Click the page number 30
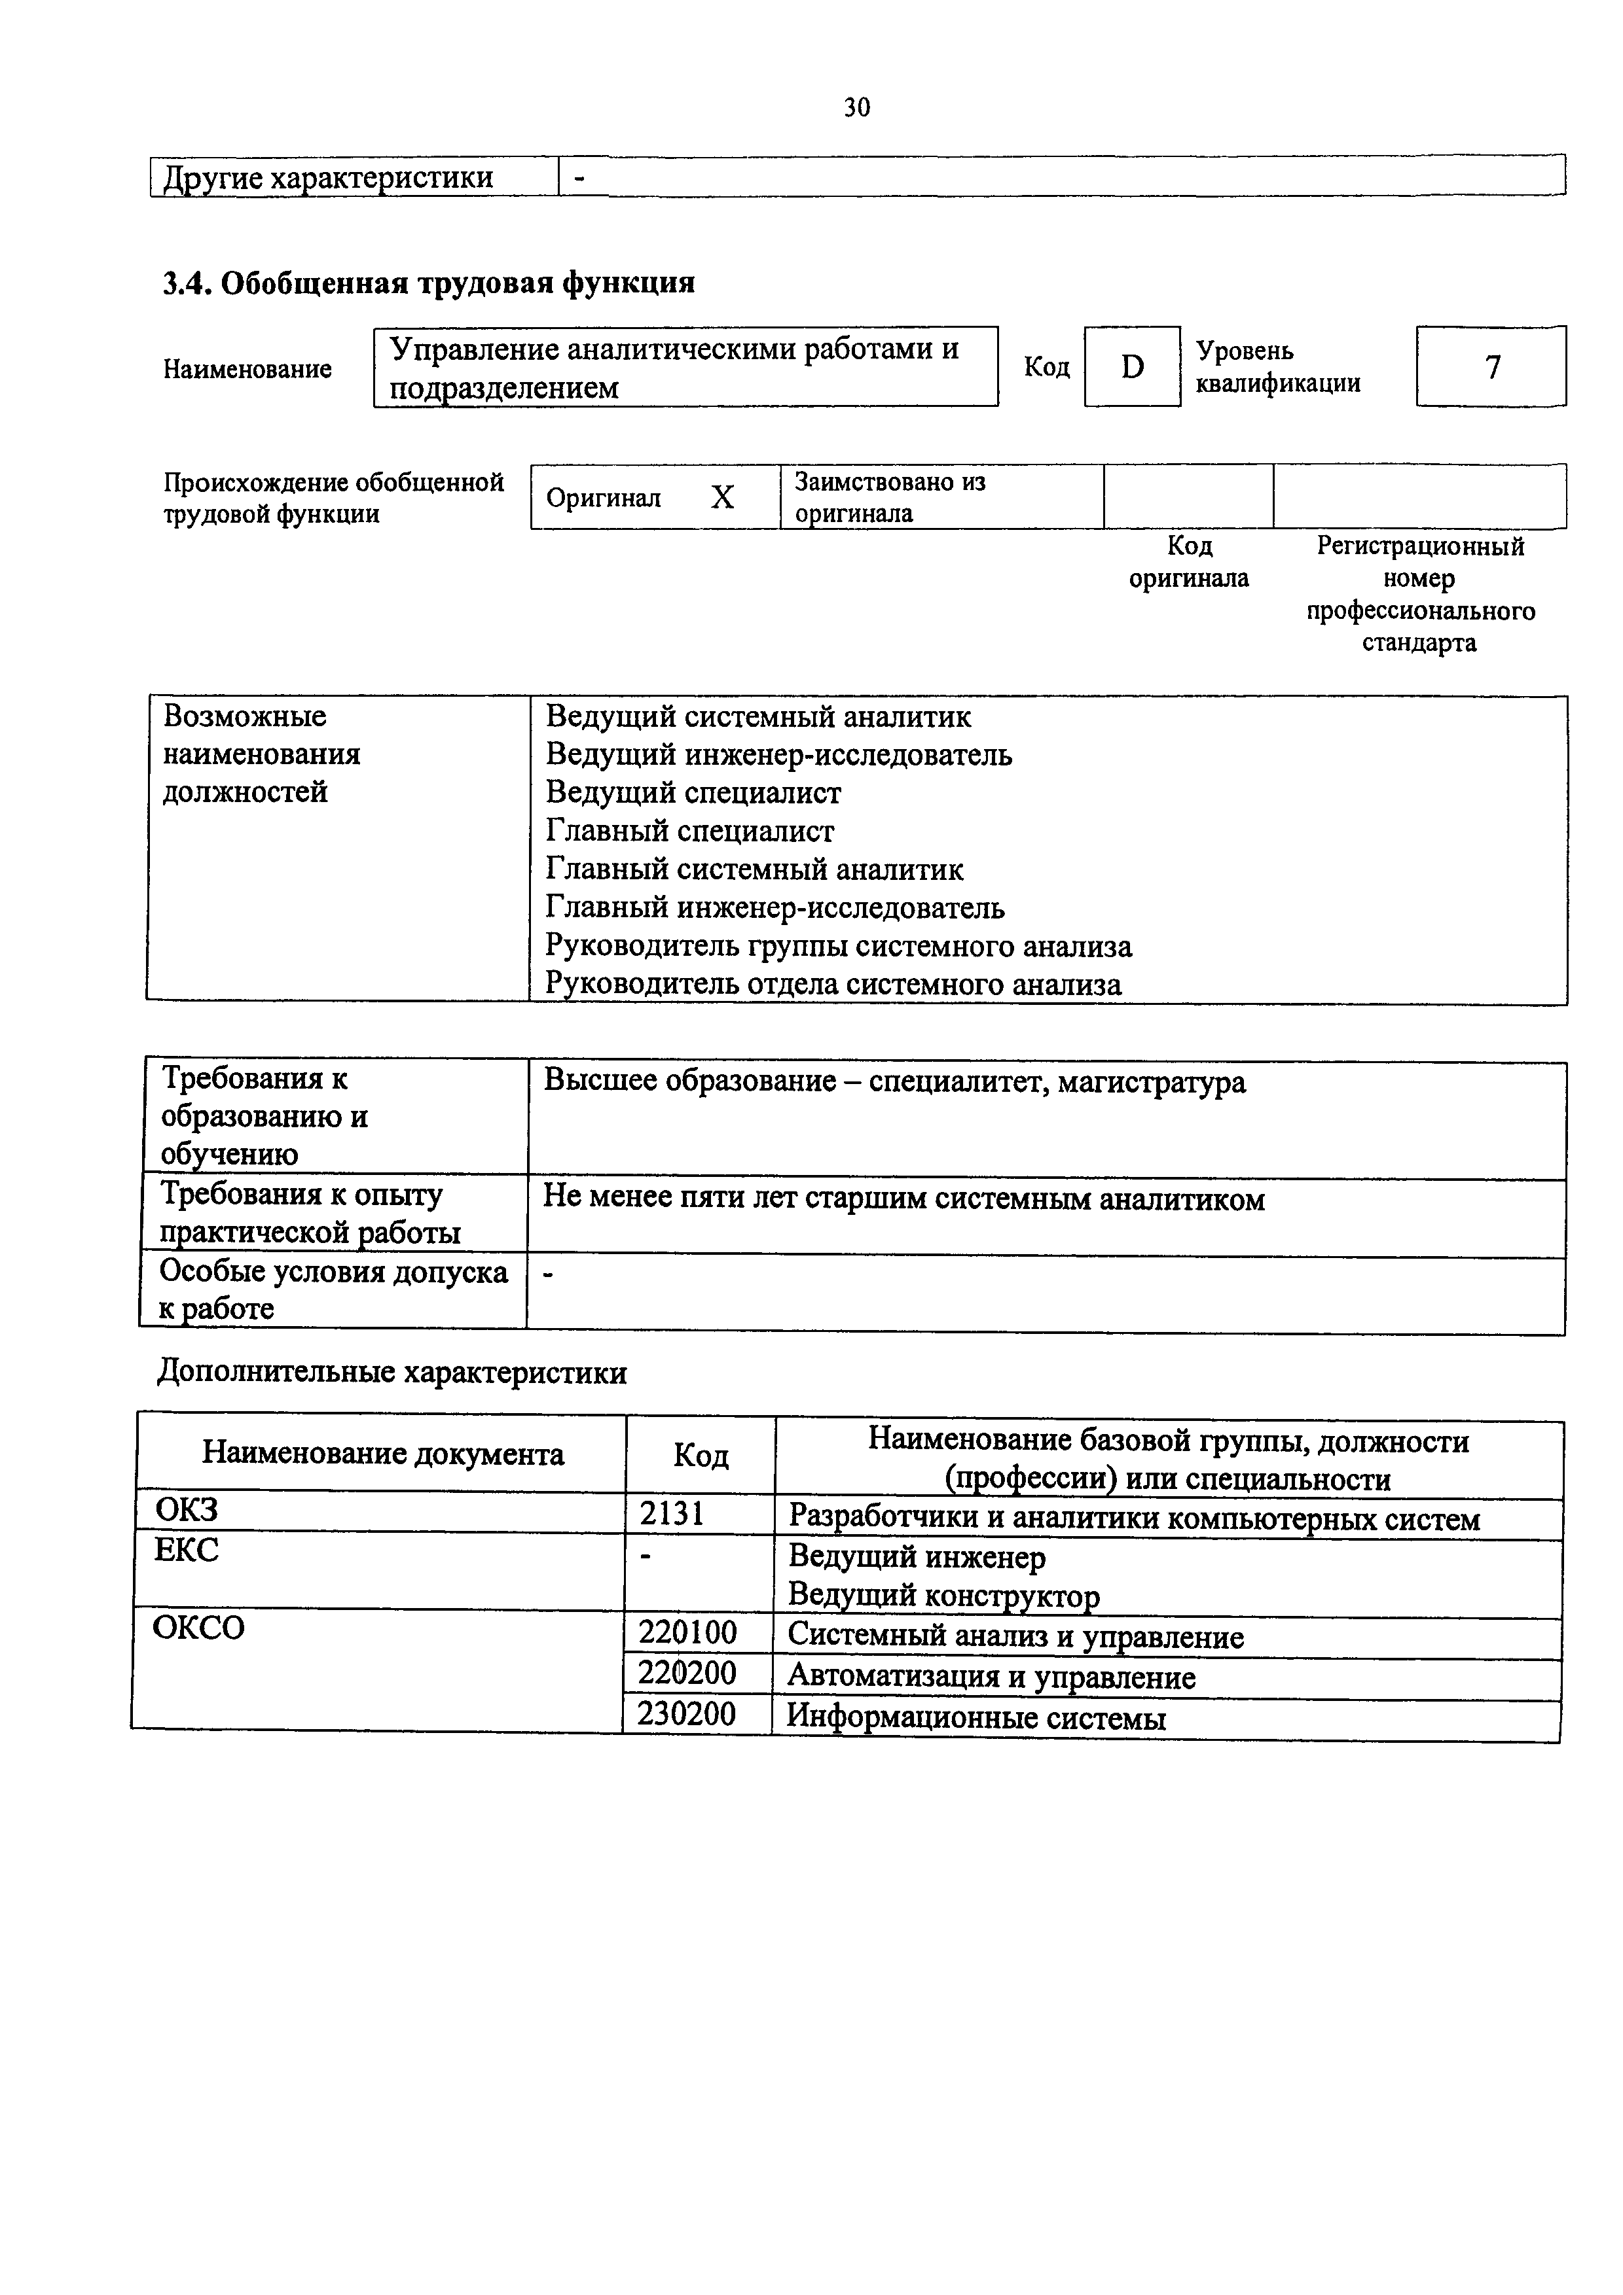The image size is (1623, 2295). [x=857, y=107]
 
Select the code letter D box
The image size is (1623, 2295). [x=1132, y=368]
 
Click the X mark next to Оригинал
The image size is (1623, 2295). [x=722, y=497]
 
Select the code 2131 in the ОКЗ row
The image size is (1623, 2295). [x=672, y=1515]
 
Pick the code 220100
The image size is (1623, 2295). [x=688, y=1634]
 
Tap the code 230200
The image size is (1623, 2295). [x=687, y=1714]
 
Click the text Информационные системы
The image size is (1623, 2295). [x=977, y=1717]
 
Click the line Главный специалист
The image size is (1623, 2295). [x=690, y=831]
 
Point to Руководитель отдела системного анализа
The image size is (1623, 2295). [x=833, y=985]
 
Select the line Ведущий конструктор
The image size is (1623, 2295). [x=944, y=1595]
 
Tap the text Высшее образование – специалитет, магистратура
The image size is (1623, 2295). [x=895, y=1081]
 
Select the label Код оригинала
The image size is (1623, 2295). [x=1189, y=562]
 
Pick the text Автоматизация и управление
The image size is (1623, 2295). [x=991, y=1676]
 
